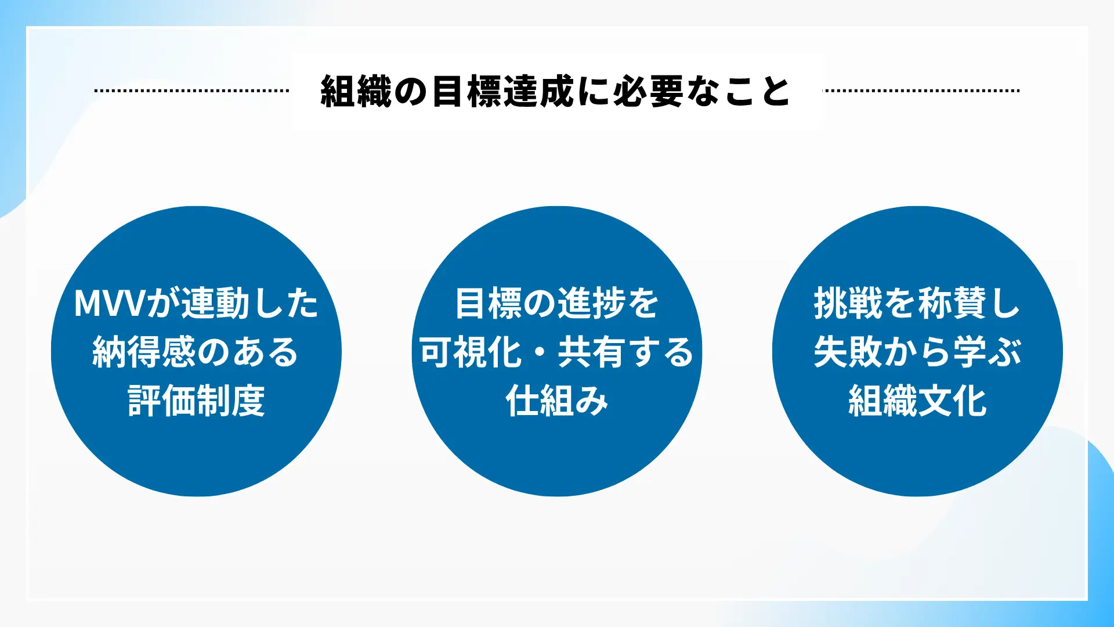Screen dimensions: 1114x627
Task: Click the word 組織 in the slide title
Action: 356,91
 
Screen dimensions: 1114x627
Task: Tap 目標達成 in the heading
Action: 503,91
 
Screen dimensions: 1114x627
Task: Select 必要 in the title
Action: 649,91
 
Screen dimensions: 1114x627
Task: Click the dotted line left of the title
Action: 191,91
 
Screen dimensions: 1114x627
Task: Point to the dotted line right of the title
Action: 921,91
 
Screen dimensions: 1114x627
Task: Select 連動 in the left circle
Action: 215,303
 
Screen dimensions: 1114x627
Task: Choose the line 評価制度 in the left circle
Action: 196,401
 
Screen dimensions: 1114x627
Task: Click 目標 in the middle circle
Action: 489,303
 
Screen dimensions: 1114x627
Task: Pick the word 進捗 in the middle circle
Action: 591,303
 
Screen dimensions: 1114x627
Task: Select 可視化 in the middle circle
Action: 471,352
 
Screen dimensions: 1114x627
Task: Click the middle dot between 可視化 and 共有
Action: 540,352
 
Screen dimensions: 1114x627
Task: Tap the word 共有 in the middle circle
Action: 591,352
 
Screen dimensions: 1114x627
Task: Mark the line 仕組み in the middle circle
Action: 557,401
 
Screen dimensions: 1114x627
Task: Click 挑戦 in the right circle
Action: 848,303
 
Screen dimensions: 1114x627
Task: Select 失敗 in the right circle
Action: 848,352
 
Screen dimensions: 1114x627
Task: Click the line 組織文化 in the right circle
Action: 917,401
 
